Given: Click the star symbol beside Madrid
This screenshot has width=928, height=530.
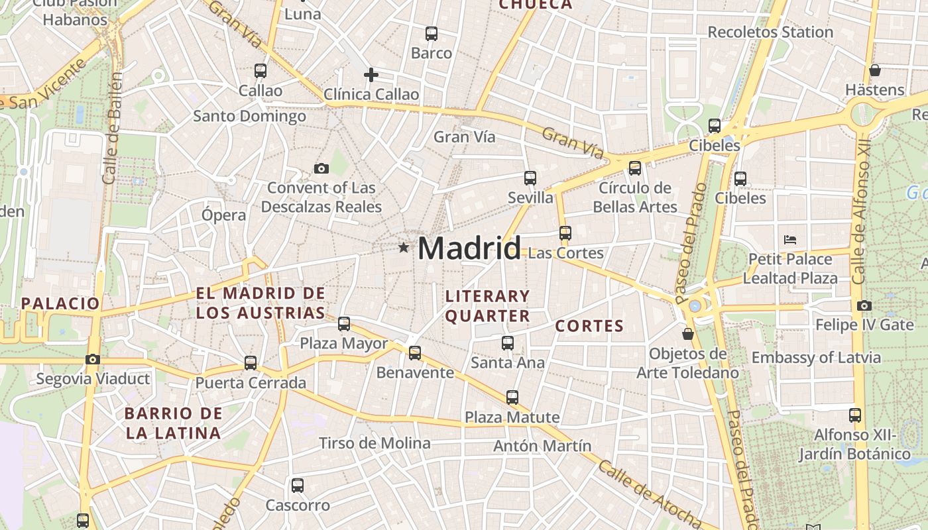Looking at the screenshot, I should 403,248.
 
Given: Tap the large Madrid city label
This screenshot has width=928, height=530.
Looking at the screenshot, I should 469,248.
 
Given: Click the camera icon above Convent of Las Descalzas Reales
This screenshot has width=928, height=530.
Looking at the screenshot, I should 321,168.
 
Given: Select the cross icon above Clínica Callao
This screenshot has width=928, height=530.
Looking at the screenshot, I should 371,75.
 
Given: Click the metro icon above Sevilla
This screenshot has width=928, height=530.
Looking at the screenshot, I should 530,178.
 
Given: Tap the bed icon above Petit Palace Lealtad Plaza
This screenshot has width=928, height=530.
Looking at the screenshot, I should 789,239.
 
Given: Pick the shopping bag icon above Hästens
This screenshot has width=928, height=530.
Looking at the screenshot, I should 875,70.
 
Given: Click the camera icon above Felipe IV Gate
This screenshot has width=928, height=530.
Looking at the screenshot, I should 864,305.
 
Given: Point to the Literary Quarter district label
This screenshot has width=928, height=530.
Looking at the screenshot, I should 488,305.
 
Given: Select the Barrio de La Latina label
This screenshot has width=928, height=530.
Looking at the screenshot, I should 174,423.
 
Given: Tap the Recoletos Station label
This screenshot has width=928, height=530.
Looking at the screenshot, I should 770,32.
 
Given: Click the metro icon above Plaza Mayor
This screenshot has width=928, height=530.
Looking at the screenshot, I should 344,323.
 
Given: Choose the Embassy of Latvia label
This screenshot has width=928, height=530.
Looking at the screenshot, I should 816,358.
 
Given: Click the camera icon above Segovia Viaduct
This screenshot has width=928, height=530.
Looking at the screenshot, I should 93,359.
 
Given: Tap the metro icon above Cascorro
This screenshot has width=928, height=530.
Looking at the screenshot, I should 298,485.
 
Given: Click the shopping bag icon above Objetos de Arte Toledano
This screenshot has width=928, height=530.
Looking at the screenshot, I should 688,333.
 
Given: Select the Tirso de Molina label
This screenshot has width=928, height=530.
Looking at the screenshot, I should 375,443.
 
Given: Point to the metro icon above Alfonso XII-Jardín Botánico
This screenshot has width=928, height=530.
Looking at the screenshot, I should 855,415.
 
